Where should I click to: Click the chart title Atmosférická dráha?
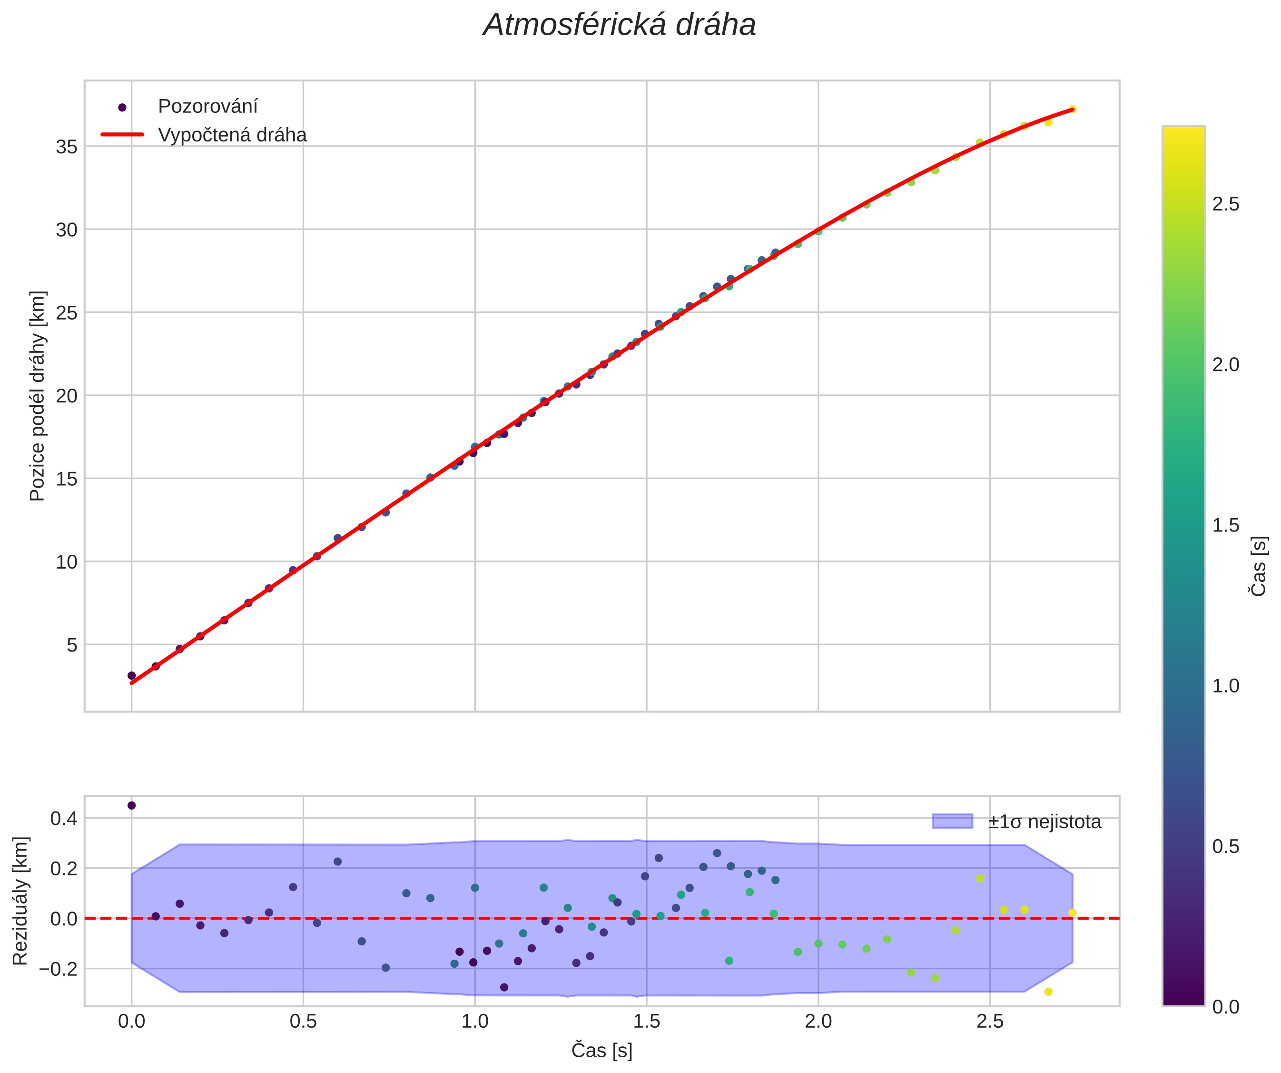619,26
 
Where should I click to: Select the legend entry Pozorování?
207,106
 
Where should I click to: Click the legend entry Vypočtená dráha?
232,135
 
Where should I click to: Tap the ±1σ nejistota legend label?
1045,822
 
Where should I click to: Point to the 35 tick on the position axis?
67,147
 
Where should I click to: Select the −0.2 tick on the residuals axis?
59,969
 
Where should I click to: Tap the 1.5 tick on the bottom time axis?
647,1023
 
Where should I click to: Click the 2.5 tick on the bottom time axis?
990,1023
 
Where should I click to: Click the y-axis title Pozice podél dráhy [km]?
37,395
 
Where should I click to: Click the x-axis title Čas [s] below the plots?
601,1051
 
